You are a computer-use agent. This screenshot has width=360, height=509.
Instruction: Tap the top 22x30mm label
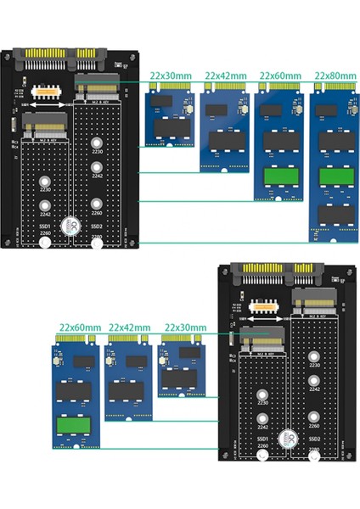(167, 76)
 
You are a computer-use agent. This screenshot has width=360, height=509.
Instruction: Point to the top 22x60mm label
(279, 76)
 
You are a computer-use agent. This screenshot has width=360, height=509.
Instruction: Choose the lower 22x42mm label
(132, 327)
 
